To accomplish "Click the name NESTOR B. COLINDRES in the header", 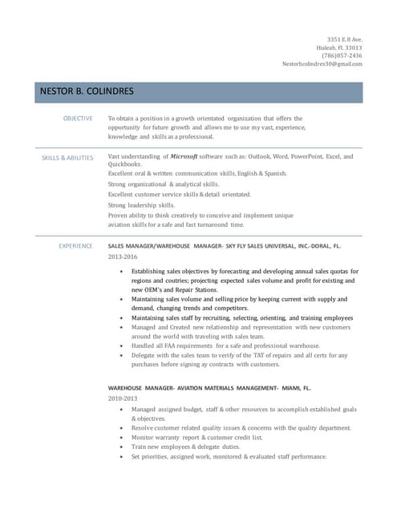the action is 87,92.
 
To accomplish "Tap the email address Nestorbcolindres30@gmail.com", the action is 322,64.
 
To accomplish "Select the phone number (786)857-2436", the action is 342,55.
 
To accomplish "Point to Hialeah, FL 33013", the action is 338,47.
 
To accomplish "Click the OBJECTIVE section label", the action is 78,119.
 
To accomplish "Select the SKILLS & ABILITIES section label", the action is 67,158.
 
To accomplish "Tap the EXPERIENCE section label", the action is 76,246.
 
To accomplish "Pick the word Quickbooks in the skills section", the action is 125,164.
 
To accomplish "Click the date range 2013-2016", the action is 123,257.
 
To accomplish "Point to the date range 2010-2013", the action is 123,398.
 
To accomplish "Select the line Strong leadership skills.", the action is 141,204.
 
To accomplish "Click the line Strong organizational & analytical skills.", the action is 163,184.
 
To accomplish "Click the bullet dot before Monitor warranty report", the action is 121,438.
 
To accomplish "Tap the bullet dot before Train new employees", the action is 121,447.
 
